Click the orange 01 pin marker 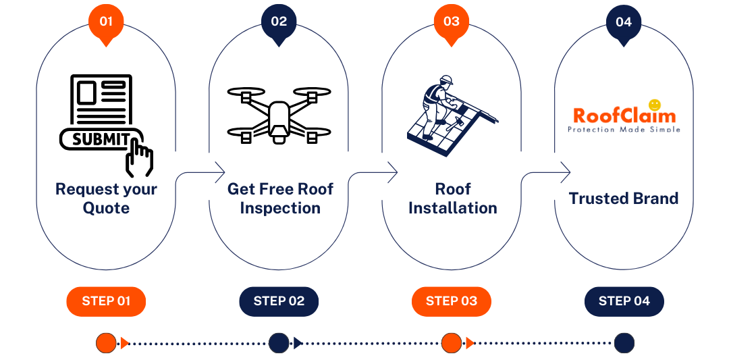(106, 22)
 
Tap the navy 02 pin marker (279, 22)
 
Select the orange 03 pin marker (452, 22)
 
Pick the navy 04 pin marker (624, 22)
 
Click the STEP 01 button (106, 301)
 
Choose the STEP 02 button (279, 301)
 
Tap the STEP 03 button (452, 301)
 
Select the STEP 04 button (624, 301)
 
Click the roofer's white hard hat (445, 80)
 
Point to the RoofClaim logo (624, 117)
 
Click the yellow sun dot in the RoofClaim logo (654, 105)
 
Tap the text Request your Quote (106, 199)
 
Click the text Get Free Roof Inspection (279, 199)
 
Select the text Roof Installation (452, 199)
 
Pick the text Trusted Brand (624, 199)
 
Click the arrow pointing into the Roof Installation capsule (391, 172)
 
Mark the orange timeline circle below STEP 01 (106, 343)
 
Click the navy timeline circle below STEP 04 (624, 343)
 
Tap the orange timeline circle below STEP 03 (452, 343)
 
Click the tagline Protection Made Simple (624, 130)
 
